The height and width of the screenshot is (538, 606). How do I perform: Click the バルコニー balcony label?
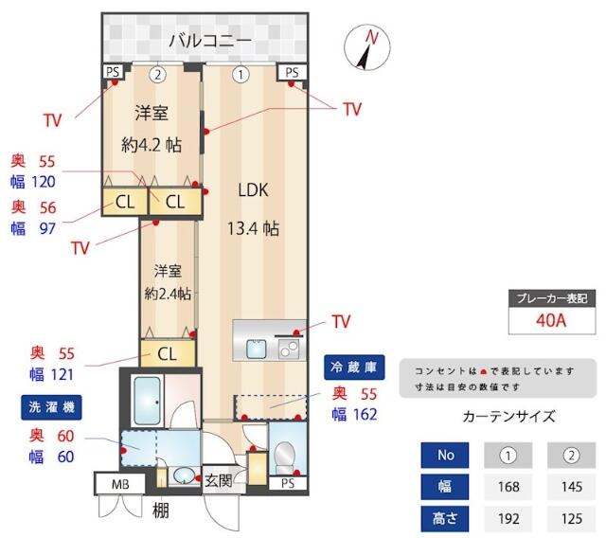click(x=209, y=41)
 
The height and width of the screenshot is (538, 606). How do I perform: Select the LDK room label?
click(x=253, y=190)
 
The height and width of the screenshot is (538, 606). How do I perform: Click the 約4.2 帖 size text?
click(x=151, y=145)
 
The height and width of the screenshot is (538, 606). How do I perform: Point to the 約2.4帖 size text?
click(x=168, y=294)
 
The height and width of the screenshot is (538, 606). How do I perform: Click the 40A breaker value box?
click(x=551, y=319)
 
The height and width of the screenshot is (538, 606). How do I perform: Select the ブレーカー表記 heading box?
click(x=551, y=297)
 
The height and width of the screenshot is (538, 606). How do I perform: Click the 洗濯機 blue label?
click(x=47, y=407)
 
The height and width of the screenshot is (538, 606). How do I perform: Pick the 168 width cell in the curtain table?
click(x=508, y=487)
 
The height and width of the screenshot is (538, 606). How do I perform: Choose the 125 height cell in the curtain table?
click(x=571, y=518)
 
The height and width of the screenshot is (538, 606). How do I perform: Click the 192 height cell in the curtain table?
click(x=508, y=518)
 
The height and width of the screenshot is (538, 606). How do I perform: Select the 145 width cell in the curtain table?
click(x=571, y=487)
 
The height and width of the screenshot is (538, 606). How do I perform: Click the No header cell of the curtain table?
click(x=446, y=456)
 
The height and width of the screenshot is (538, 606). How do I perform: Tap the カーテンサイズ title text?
click(x=508, y=416)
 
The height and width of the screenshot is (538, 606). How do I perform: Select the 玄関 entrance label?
click(x=219, y=480)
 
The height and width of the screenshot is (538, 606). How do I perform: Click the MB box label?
click(x=119, y=485)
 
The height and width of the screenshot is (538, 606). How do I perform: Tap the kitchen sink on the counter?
click(x=257, y=348)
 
